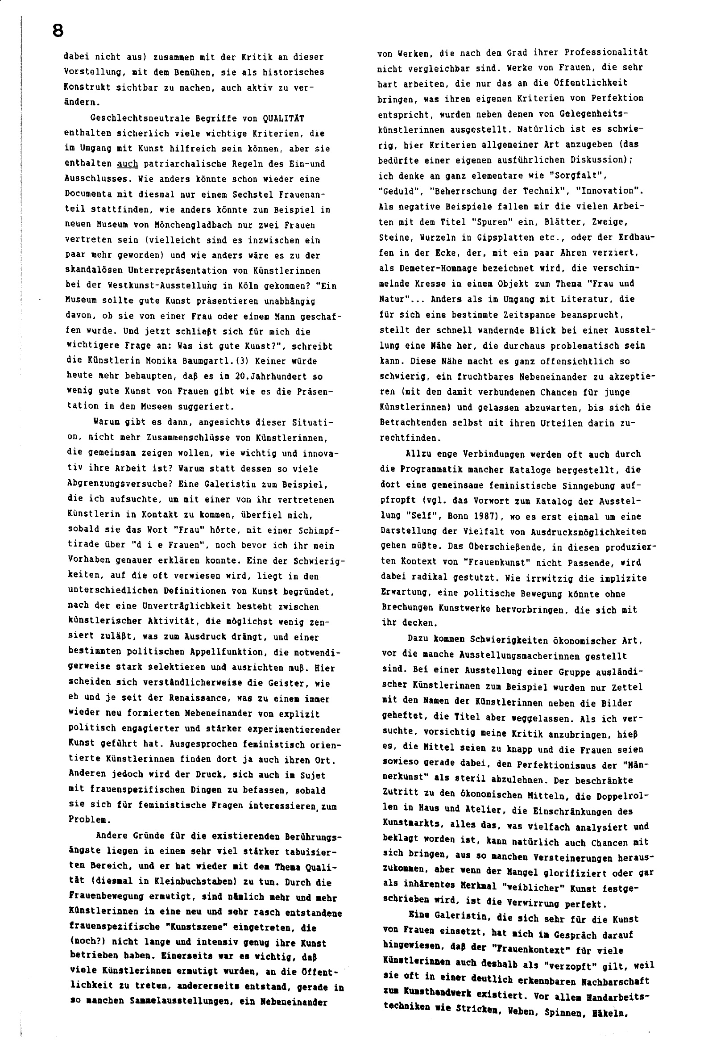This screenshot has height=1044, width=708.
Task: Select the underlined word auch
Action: [127, 164]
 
